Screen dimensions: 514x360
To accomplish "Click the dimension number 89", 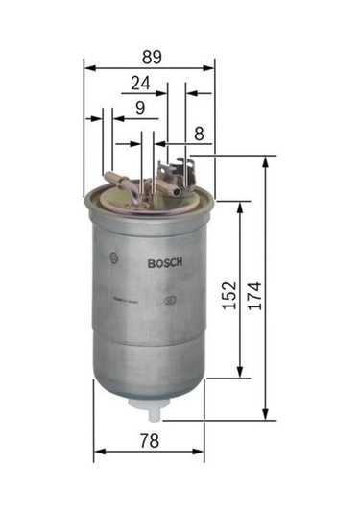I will pos(149,56).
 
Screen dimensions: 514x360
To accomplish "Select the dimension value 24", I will pos(140,84).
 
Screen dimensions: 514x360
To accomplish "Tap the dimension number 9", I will pos(140,109).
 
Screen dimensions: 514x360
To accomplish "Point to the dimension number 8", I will pos(199,134).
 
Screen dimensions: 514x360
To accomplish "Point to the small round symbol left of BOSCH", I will pos(116,257).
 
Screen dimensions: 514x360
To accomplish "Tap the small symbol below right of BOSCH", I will pos(171,298).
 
